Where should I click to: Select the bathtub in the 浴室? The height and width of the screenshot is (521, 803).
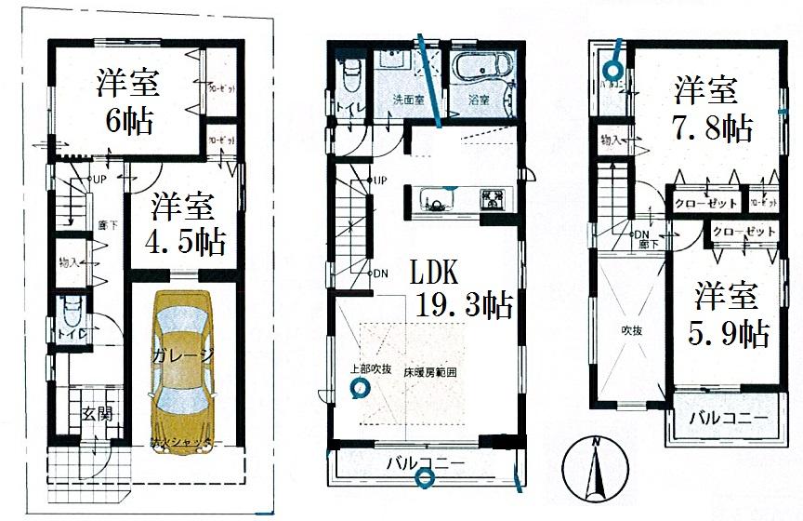pos(482,74)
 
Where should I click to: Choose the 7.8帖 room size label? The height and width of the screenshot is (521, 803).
pos(714,127)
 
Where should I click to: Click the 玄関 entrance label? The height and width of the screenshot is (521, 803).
pos(96,414)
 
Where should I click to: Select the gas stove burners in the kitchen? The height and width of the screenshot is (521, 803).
pos(492,199)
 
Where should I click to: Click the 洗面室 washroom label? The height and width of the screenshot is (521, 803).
pos(407,100)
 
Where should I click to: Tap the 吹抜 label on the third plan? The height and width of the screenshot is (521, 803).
pos(633,330)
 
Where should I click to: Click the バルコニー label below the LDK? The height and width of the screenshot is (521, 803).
pos(424,462)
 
